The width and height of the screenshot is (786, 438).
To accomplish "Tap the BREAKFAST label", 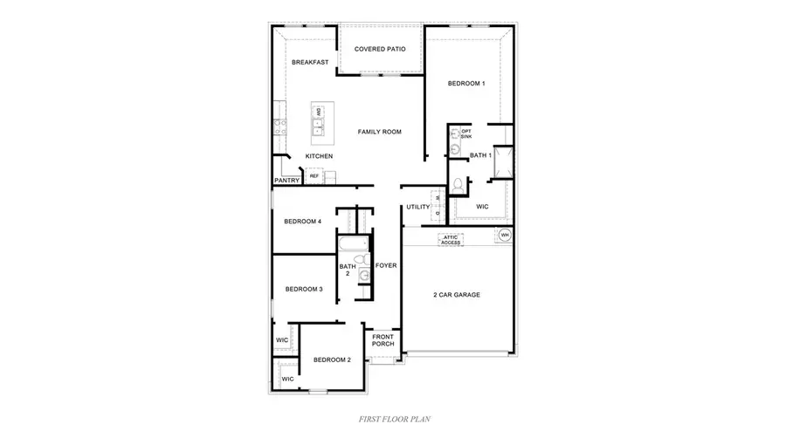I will tap(309, 62).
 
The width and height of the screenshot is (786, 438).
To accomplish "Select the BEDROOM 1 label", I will tap(466, 84).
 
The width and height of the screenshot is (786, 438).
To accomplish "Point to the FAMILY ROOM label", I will tap(379, 132).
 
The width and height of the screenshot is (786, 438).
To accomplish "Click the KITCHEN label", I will tap(319, 156).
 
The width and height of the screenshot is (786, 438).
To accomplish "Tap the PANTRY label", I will tap(287, 181).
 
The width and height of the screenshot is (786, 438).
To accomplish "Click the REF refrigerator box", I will tap(314, 175).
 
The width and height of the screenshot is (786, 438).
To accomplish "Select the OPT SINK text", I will tap(466, 134).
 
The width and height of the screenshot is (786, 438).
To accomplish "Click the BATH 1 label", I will tap(480, 155).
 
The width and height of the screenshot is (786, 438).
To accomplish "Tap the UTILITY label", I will tap(417, 207).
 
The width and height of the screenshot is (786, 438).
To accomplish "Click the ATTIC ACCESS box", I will tap(451, 238).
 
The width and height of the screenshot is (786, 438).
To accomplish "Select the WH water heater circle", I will tap(505, 236).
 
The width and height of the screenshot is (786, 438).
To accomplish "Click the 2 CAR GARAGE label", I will tap(457, 295).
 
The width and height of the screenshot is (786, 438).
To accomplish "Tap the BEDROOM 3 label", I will tap(303, 289).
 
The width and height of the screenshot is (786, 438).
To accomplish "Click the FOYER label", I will tap(386, 266).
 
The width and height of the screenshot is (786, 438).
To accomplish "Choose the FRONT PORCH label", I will tap(383, 340).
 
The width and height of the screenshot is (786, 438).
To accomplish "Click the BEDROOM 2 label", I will tap(332, 360).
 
